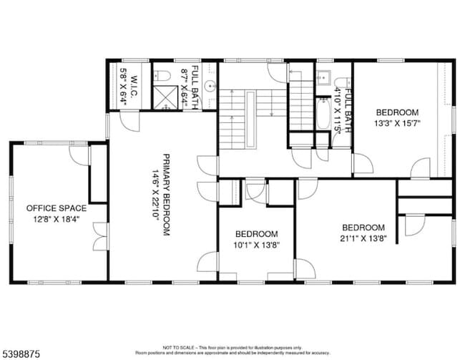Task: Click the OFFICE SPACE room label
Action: [57, 208]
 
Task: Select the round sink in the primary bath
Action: [209, 88]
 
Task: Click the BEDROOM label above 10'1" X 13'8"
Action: [256, 234]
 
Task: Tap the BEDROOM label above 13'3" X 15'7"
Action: [397, 112]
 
